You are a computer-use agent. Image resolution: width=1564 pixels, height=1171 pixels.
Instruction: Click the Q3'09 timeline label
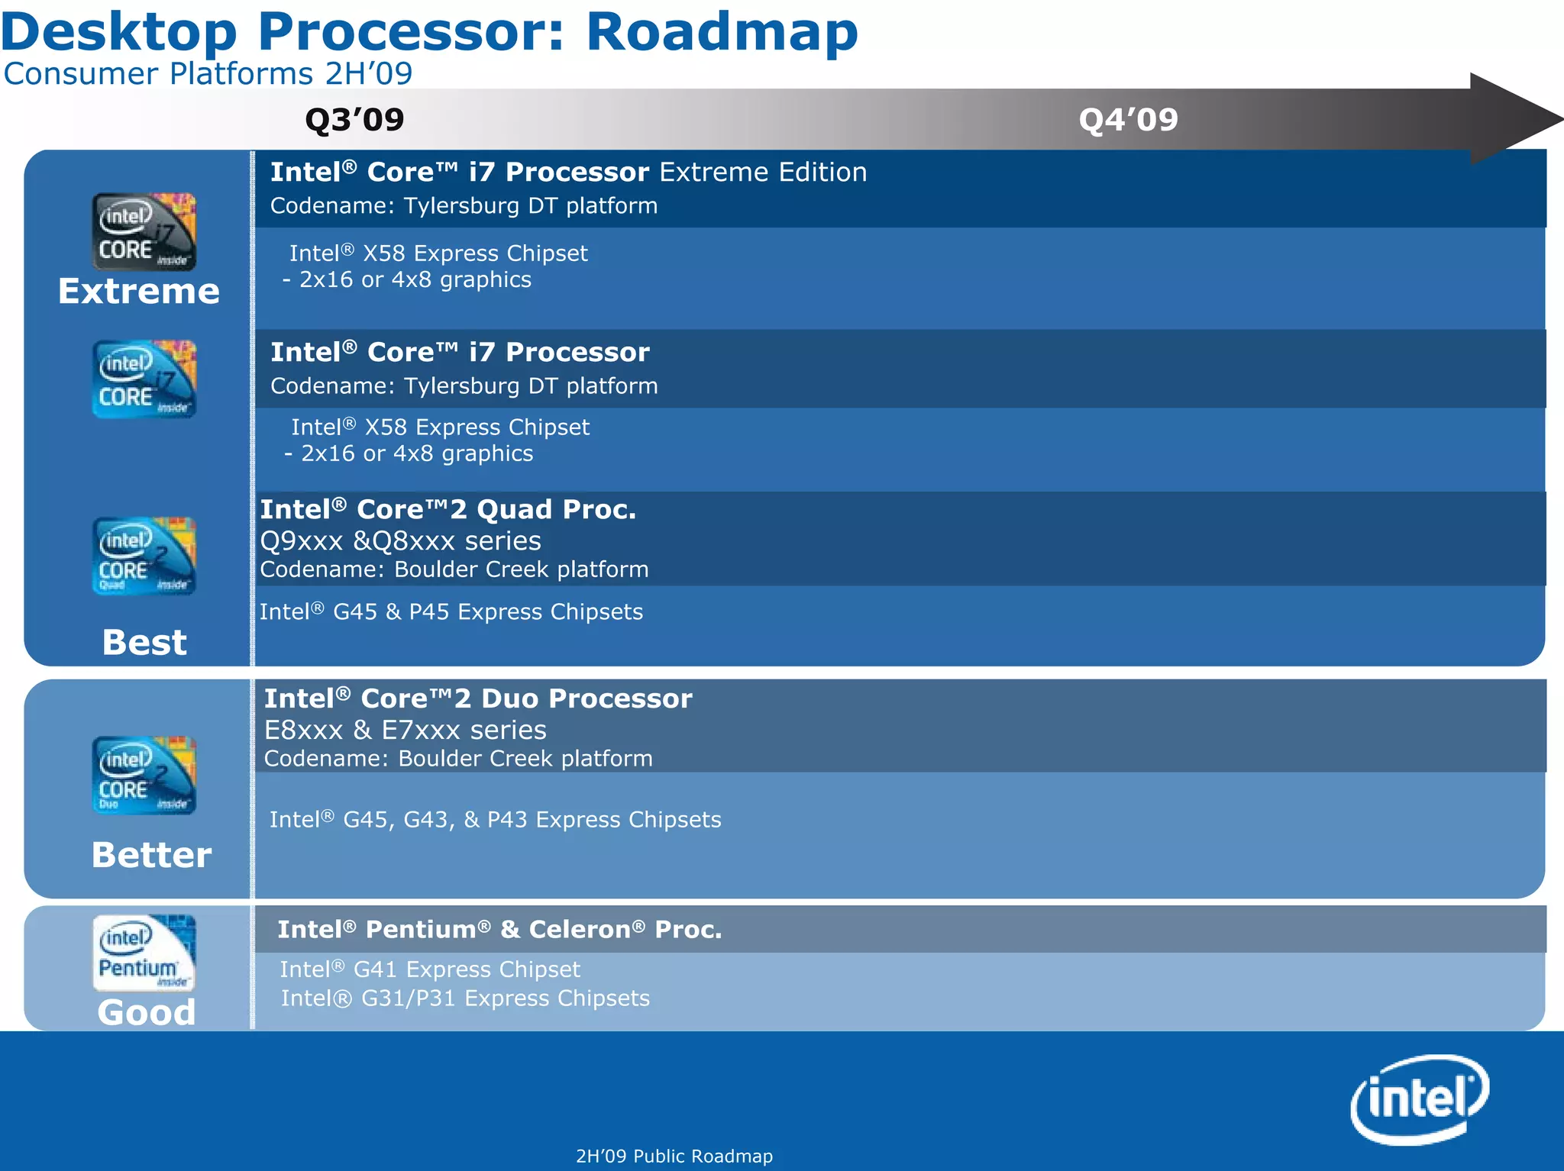tap(354, 120)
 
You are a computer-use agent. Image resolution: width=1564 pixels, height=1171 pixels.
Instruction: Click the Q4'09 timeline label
tap(1128, 120)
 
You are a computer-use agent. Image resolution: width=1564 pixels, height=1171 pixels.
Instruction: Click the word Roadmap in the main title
tap(722, 32)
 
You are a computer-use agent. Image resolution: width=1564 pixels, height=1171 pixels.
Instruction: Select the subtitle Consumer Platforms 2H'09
tap(208, 74)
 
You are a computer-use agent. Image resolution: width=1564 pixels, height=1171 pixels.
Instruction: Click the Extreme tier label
tap(139, 292)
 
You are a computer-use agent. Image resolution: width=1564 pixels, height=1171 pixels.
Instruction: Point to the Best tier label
tap(144, 642)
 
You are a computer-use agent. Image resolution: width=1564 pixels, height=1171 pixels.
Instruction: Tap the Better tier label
tap(151, 854)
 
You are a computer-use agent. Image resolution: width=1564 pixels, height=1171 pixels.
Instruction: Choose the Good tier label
tap(147, 1012)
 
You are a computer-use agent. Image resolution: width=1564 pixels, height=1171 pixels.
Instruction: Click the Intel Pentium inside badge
tap(144, 953)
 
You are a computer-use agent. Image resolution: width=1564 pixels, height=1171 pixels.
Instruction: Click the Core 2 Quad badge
tap(144, 556)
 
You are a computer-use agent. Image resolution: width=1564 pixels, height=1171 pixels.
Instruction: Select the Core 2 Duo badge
tap(144, 775)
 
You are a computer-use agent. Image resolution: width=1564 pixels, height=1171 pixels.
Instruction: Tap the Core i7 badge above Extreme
tap(144, 231)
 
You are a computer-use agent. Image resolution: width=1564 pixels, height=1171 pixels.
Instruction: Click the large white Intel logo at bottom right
tap(1420, 1099)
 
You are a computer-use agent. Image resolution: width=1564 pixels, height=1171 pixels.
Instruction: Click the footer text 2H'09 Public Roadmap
tap(674, 1156)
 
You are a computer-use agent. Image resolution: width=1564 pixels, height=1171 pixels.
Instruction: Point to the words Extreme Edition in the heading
tap(763, 173)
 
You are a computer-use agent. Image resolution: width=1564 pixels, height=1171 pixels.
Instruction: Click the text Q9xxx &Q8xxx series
tap(400, 541)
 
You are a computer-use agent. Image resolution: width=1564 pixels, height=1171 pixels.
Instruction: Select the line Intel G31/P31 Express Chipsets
tap(465, 998)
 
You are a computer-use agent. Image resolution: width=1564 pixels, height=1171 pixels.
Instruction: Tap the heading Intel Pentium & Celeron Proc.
tap(499, 930)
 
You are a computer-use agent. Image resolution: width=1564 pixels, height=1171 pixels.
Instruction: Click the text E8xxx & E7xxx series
tap(405, 731)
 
